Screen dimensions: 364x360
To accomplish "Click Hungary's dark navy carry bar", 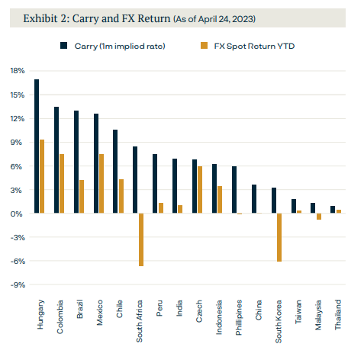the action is click(x=37, y=146).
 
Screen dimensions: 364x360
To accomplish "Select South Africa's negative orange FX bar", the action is click(x=141, y=239).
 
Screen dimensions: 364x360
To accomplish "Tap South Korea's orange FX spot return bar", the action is click(x=279, y=237).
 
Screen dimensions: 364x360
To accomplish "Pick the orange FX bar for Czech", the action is click(x=200, y=190).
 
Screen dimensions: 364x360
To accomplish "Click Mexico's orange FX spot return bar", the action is click(x=101, y=184).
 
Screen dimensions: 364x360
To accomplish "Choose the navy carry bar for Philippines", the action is click(x=234, y=190).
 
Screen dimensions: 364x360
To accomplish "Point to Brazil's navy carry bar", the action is click(x=76, y=162).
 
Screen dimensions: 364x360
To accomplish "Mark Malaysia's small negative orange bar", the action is click(x=319, y=217).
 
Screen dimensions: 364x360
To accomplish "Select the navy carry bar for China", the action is click(x=254, y=199).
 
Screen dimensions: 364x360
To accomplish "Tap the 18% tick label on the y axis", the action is click(x=18, y=71).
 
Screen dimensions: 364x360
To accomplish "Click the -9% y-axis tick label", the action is click(x=18, y=284).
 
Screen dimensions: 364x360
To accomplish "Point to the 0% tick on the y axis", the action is click(x=16, y=214).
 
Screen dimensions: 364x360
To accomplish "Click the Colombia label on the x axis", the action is click(x=60, y=317).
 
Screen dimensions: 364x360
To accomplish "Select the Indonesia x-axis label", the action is click(x=219, y=317).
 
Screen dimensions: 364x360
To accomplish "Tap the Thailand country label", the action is click(x=338, y=315).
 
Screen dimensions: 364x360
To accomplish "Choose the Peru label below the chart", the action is click(x=159, y=308).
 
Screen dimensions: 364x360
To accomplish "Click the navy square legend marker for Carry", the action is click(x=63, y=46).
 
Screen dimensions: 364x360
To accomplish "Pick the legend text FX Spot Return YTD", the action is click(x=254, y=47).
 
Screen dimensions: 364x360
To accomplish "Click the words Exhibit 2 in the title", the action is click(x=46, y=18).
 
